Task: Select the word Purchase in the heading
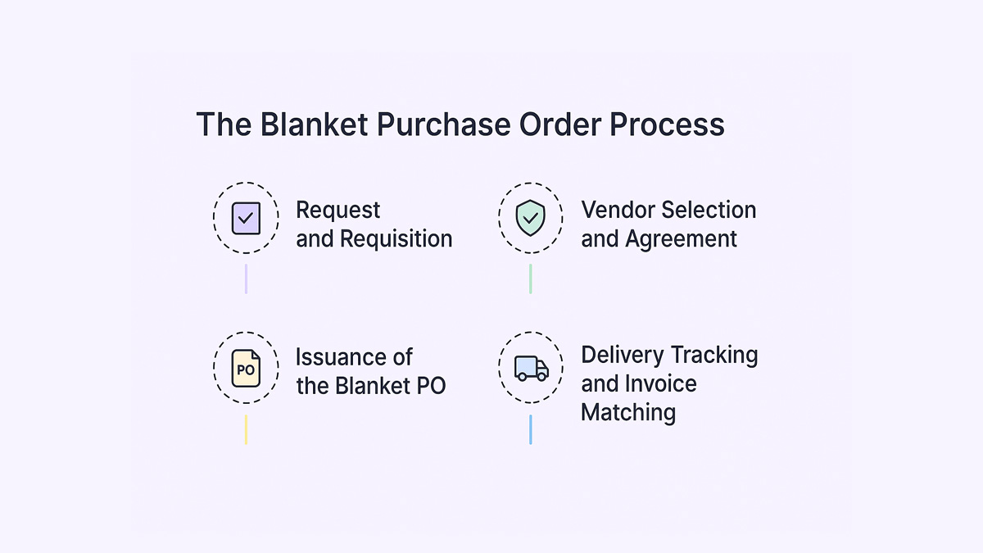tap(446, 125)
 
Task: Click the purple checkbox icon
tap(246, 218)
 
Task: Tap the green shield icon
tap(530, 218)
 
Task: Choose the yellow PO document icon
tap(246, 368)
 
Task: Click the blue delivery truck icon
tap(531, 368)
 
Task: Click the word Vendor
tap(618, 210)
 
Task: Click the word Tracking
tap(713, 355)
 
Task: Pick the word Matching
tap(628, 412)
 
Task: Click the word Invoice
tap(661, 383)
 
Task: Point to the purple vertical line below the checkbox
tap(246, 279)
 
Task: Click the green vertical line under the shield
tap(530, 279)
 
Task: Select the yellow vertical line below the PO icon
tap(246, 429)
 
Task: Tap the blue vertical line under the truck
tap(530, 429)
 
